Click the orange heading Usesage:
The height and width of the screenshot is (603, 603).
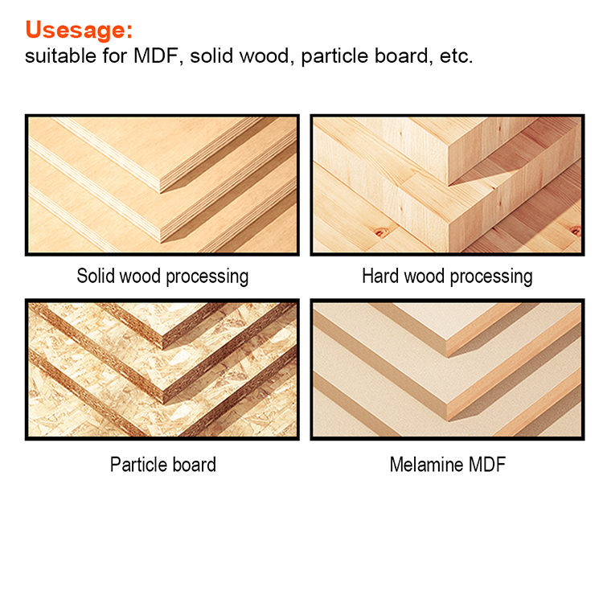(79, 30)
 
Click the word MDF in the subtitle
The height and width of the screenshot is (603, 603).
(156, 55)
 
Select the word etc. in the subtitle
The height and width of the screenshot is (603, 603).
(456, 56)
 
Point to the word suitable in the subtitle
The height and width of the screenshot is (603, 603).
(61, 55)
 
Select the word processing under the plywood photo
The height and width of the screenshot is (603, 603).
(207, 277)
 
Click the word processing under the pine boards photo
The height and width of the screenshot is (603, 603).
(491, 277)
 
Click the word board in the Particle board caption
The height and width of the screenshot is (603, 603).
(195, 464)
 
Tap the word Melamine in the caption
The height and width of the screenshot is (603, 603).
(425, 464)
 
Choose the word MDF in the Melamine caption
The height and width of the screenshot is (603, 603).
(486, 464)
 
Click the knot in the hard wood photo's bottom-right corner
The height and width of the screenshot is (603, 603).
(576, 231)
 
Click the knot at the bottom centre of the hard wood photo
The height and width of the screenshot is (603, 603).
(381, 232)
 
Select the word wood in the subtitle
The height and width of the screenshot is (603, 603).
(265, 55)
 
